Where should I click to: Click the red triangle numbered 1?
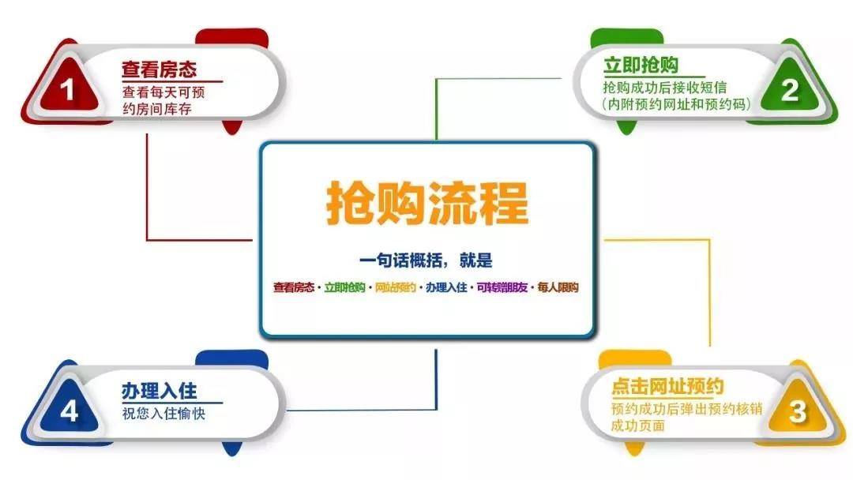[66, 87]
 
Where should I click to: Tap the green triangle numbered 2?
[789, 88]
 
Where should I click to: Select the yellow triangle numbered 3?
[797, 410]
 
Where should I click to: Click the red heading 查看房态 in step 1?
[159, 69]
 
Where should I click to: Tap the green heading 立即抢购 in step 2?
[641, 66]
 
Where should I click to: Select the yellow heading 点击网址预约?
[667, 386]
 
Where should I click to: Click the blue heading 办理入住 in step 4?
[159, 391]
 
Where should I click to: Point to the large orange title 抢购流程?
[427, 204]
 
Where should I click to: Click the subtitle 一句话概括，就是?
[426, 261]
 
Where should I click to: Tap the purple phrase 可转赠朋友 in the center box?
[502, 287]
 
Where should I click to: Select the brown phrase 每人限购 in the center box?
[558, 287]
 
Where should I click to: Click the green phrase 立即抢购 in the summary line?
[344, 287]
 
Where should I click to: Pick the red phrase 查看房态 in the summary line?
[294, 287]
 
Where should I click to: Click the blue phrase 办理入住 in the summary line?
[446, 287]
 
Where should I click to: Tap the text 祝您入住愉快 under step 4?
[163, 414]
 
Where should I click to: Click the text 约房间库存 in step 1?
[156, 109]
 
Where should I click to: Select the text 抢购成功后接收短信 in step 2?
[664, 87]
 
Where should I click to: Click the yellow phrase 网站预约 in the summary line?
[396, 287]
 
